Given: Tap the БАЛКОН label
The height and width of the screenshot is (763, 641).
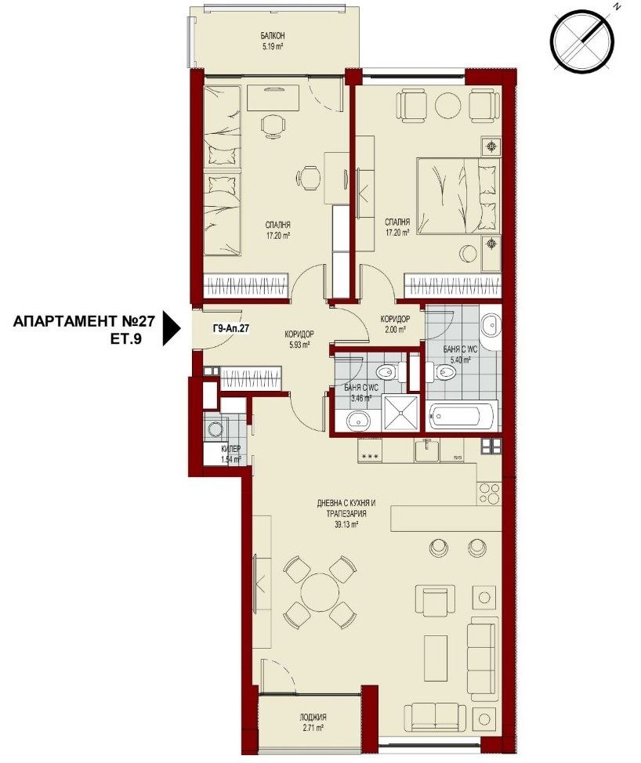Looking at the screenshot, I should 273,36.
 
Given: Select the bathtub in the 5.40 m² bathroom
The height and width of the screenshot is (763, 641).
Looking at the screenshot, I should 462,414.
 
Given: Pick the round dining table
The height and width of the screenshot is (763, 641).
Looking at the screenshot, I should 317,591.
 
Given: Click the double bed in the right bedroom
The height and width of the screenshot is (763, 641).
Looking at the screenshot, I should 458,196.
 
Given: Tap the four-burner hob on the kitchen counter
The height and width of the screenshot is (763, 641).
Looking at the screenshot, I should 489,494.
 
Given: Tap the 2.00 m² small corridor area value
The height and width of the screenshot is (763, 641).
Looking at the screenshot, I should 395,330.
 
